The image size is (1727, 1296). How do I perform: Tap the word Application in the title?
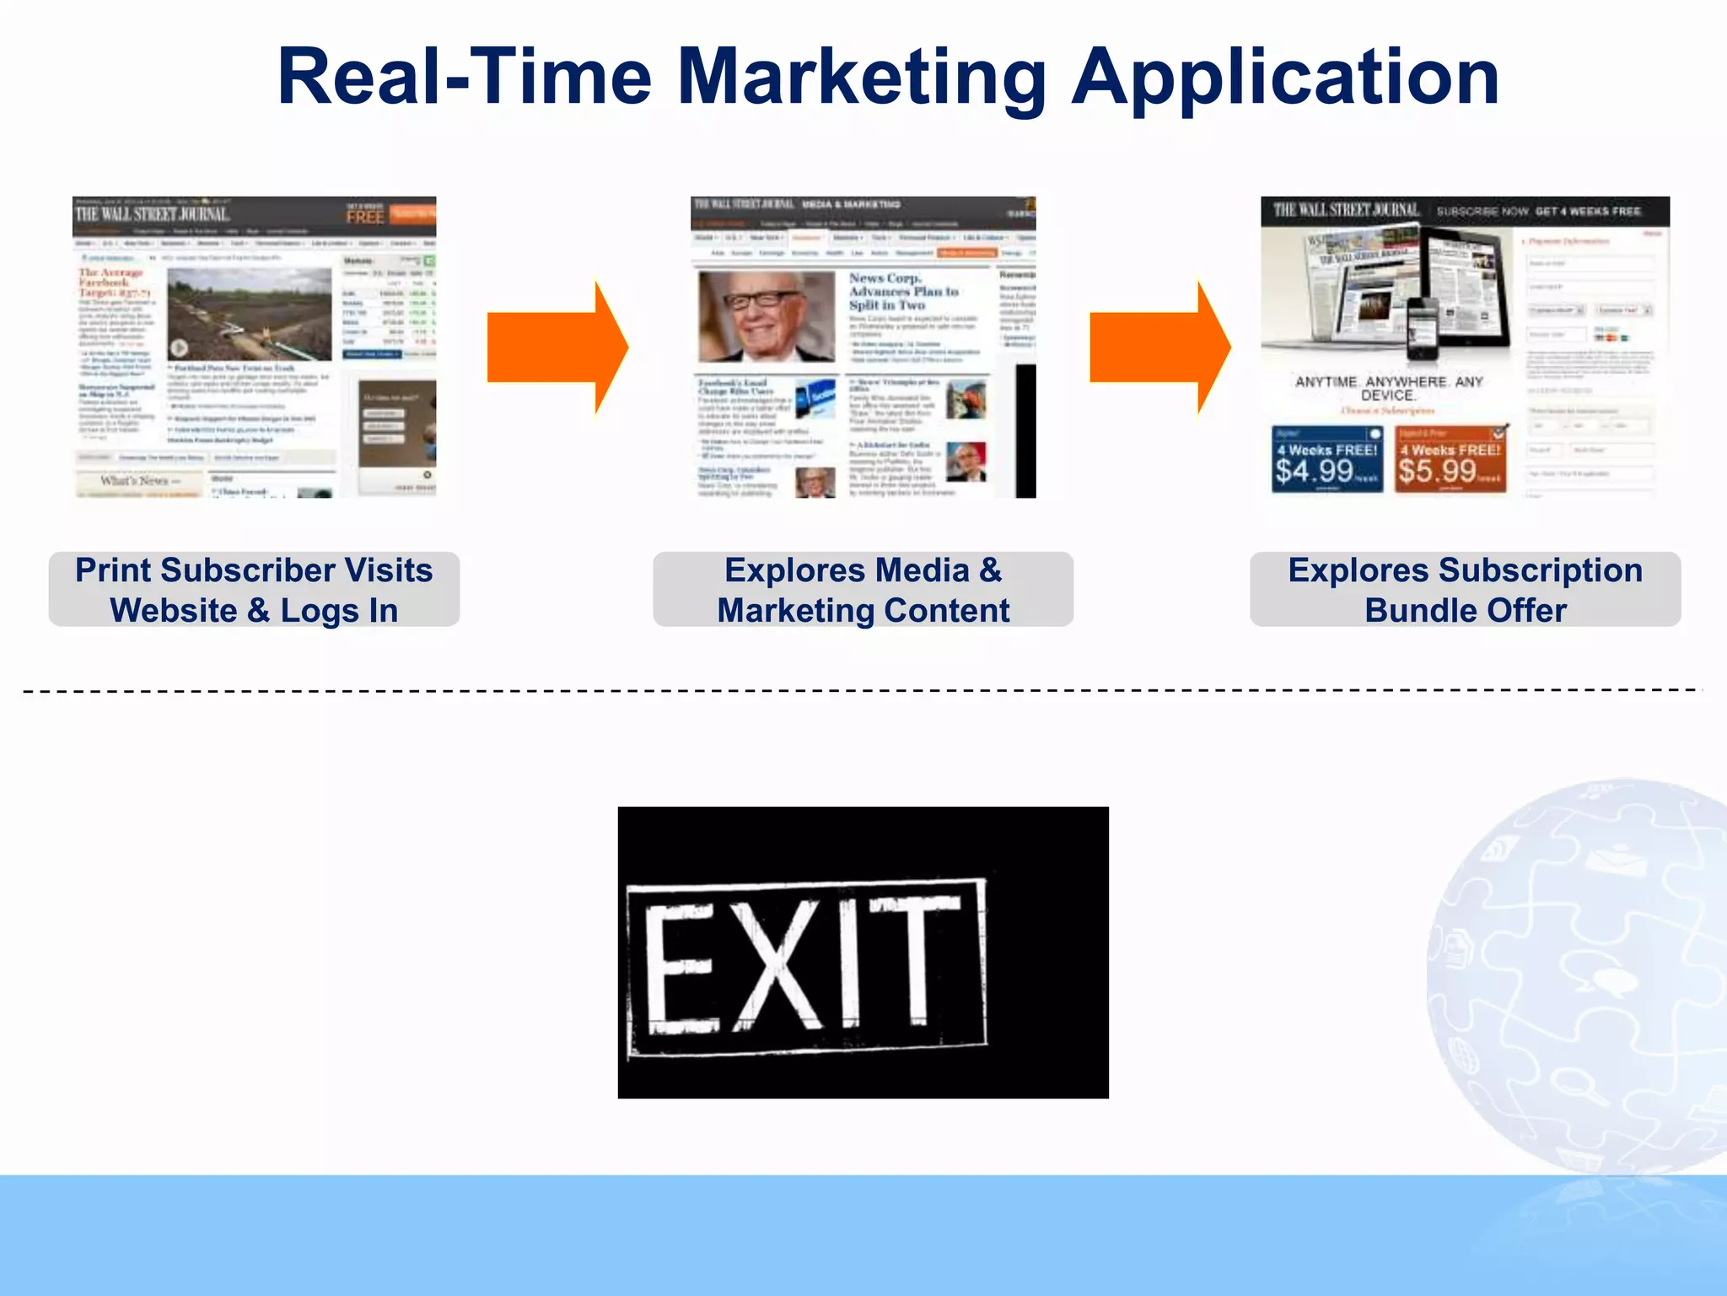pos(1285,78)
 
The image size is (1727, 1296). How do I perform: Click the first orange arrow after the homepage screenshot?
pos(557,347)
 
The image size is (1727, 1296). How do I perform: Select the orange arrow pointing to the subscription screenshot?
pos(1159,347)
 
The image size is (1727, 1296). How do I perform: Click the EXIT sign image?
pos(863,952)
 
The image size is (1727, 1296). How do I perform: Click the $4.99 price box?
pos(1326,460)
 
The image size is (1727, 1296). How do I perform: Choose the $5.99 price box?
pos(1450,460)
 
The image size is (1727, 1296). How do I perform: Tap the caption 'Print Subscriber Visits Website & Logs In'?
pos(254,590)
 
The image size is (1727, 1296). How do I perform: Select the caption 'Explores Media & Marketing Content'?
pos(863,590)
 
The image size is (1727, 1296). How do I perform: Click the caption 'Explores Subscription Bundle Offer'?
pos(1465,590)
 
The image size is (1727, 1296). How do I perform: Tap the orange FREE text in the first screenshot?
pos(365,216)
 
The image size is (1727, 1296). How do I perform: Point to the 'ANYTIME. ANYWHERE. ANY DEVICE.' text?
pos(1388,388)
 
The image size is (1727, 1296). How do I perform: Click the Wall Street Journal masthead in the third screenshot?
pos(1346,210)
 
